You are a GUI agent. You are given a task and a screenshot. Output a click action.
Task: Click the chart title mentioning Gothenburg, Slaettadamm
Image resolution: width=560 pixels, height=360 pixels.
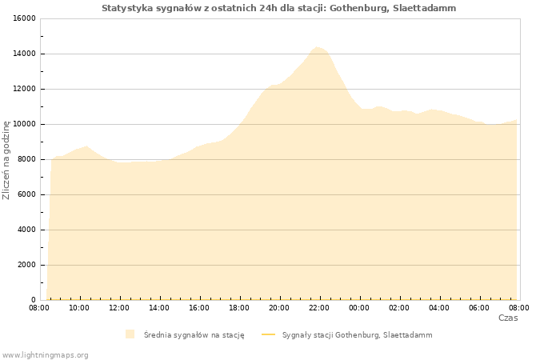click(278, 8)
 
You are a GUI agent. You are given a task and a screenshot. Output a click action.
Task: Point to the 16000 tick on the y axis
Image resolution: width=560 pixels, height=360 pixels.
click(24, 18)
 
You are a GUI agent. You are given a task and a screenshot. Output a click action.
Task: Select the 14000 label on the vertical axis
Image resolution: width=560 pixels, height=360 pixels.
click(24, 54)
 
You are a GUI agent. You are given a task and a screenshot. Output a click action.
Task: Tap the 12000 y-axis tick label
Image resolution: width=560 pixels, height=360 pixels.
click(24, 89)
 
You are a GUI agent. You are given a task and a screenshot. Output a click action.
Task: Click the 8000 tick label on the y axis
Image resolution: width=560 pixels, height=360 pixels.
click(26, 159)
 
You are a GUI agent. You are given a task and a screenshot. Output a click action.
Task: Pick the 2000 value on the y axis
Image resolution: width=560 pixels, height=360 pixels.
click(26, 265)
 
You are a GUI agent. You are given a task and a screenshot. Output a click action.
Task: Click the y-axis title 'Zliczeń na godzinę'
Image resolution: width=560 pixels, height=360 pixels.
click(6, 160)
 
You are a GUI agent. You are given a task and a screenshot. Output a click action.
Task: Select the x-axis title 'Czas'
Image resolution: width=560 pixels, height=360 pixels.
click(508, 318)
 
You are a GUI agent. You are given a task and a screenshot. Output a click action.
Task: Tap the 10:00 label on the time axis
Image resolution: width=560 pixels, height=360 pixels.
click(79, 308)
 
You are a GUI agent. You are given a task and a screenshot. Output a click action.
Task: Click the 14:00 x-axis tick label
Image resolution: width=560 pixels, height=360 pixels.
click(159, 308)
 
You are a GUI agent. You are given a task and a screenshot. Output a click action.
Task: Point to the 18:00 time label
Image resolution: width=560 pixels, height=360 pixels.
click(239, 308)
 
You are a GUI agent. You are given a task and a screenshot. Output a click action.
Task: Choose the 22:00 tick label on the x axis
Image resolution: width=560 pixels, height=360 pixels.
click(319, 308)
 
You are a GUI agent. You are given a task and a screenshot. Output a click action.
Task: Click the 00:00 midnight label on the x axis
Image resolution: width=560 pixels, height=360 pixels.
click(359, 308)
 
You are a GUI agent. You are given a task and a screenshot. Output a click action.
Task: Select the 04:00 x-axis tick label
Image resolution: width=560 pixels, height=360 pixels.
click(439, 308)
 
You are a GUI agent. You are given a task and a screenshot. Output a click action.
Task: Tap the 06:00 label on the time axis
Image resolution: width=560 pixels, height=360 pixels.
click(479, 308)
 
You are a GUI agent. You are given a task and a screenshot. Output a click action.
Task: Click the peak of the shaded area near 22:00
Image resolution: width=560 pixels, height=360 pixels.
click(317, 47)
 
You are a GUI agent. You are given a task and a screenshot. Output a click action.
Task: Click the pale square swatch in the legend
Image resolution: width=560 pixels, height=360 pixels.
click(130, 334)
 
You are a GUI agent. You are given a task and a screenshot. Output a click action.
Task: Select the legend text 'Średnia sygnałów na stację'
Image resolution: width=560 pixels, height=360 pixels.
click(194, 335)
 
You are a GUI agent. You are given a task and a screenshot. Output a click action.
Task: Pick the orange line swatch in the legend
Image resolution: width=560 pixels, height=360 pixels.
click(269, 334)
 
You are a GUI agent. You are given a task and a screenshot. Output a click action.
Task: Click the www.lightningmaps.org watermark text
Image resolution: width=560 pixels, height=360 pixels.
click(45, 355)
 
